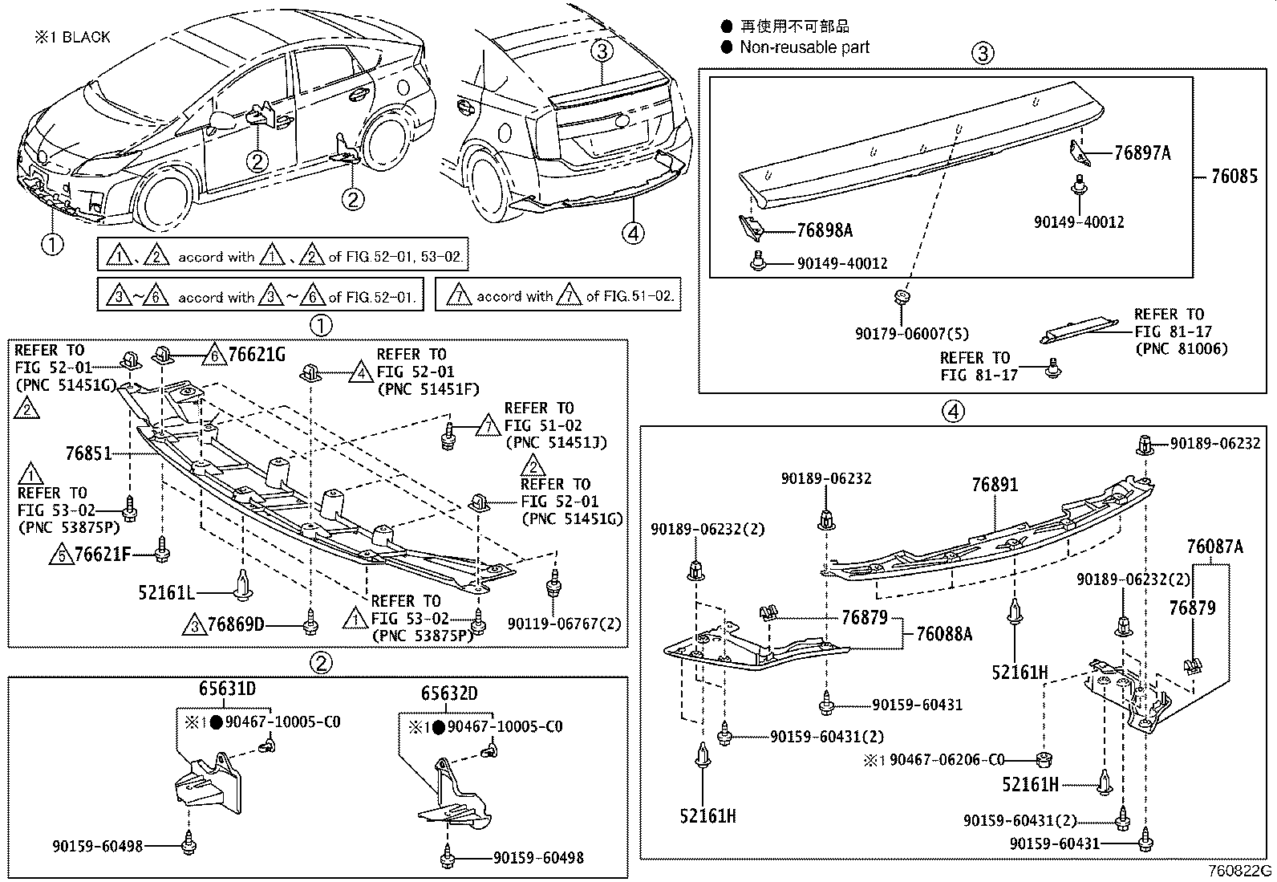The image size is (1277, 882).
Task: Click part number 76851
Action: point(88,453)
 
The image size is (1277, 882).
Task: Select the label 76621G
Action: point(257,354)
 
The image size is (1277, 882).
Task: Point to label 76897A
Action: point(1142,152)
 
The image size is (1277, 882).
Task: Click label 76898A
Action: point(825,230)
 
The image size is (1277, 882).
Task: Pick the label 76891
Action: point(995,485)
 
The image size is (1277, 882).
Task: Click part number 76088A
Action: point(944,634)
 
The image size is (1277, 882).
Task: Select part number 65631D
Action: point(227,689)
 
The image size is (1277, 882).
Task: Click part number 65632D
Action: point(449,693)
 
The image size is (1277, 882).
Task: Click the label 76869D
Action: point(235,624)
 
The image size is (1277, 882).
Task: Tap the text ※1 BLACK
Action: point(71,37)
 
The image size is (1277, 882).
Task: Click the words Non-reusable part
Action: point(804,47)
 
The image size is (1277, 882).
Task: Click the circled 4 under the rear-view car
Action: point(634,233)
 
